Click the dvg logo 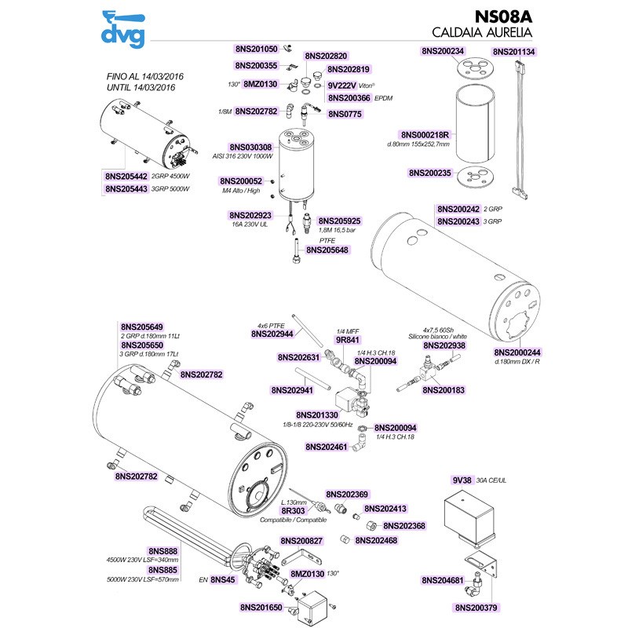click(x=125, y=29)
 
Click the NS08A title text click(x=504, y=16)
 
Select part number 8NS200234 click(x=444, y=51)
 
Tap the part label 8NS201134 click(x=514, y=51)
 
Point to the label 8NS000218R click(x=427, y=135)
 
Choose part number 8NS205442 click(x=126, y=177)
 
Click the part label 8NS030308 click(x=250, y=148)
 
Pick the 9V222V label click(x=342, y=85)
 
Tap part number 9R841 click(x=347, y=341)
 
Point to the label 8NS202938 click(x=444, y=345)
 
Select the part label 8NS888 click(x=163, y=551)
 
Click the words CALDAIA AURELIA click(x=482, y=34)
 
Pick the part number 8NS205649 click(x=142, y=327)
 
